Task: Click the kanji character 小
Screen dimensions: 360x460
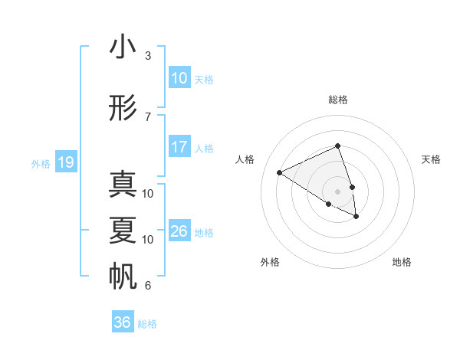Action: [x=123, y=47]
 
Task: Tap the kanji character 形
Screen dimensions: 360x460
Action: [x=123, y=108]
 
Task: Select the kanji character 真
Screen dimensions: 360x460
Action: [x=123, y=185]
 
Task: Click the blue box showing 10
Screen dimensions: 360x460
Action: [x=179, y=78]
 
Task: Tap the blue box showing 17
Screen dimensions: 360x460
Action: [x=179, y=147]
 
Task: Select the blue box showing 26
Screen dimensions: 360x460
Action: [x=179, y=231]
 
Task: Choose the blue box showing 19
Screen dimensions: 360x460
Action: [x=65, y=162]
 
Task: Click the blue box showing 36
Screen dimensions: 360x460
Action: [x=122, y=322]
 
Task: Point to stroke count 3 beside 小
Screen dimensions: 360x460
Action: [x=148, y=56]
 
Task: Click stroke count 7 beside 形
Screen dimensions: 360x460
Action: [x=148, y=116]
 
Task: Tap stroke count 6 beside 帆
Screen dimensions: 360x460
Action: [x=148, y=286]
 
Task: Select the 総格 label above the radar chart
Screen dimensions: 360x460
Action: [x=337, y=100]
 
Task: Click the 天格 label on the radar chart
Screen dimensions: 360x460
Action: [x=431, y=159]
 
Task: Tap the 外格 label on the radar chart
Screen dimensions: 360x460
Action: [x=270, y=262]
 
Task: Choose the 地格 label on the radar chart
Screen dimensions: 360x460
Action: [x=402, y=262]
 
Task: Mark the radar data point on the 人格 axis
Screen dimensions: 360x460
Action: [x=280, y=172]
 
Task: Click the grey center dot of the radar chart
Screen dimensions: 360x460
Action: [x=337, y=191]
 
